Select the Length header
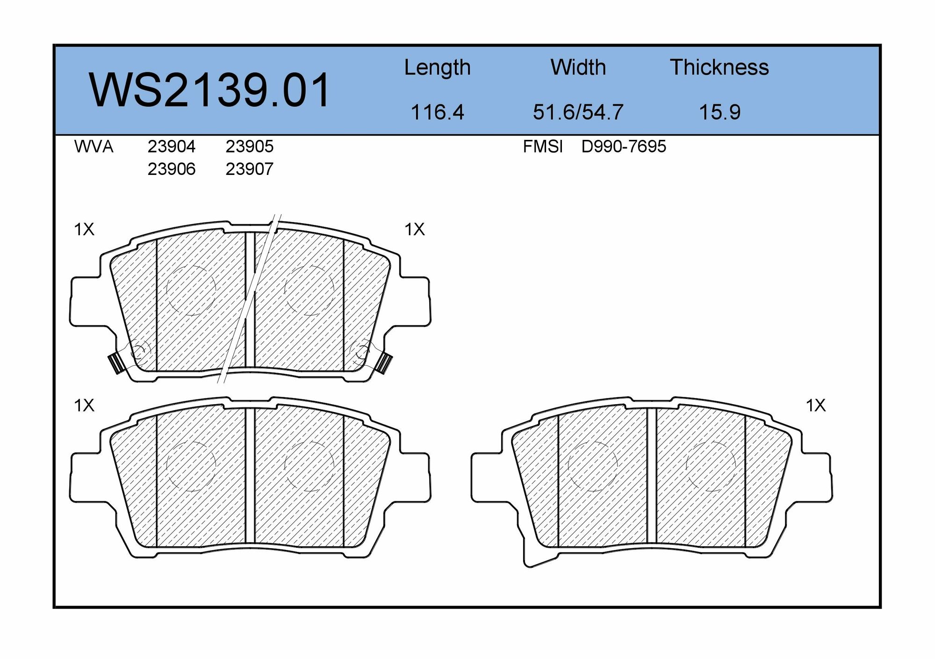437,68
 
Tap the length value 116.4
437,112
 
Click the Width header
578,68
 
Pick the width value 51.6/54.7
578,112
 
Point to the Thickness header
719,68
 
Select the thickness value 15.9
719,112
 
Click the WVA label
93,147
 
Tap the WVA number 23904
171,147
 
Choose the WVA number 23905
249,147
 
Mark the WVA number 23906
171,169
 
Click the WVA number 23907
249,169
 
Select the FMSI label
542,147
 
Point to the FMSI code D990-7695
623,147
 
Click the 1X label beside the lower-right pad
815,406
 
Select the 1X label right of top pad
414,229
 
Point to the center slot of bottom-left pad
250,475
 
